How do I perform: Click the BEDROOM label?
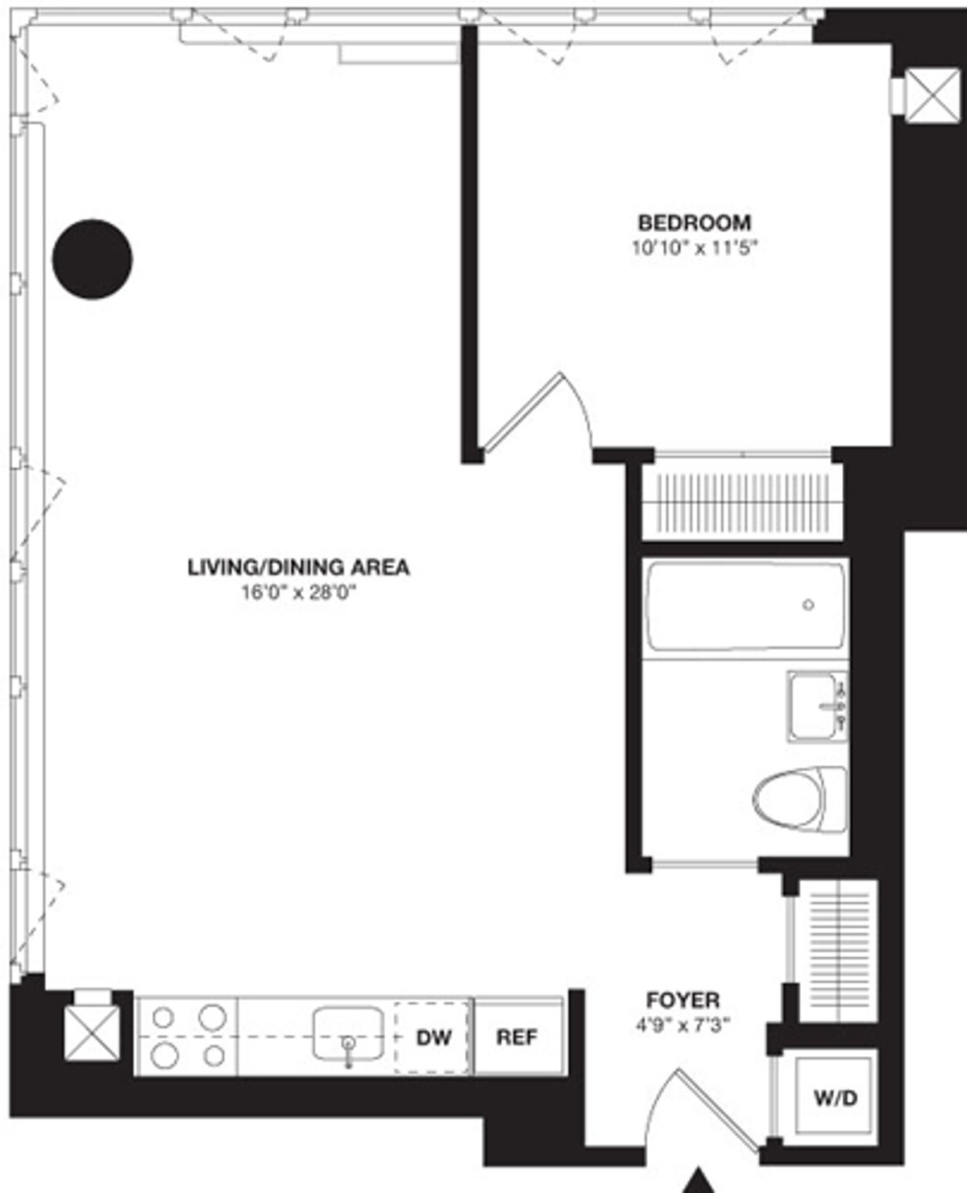pos(694,222)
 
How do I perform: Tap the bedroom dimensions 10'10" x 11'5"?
pos(695,247)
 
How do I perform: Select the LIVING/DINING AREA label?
pos(298,567)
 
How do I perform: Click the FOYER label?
pos(683,1000)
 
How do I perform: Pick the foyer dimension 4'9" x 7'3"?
pos(683,1026)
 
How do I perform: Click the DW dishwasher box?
pos(433,1038)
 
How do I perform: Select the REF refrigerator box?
pos(517,1038)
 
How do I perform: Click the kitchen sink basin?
pos(348,1031)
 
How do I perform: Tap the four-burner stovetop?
pos(187,1036)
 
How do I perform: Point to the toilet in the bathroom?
pos(798,800)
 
